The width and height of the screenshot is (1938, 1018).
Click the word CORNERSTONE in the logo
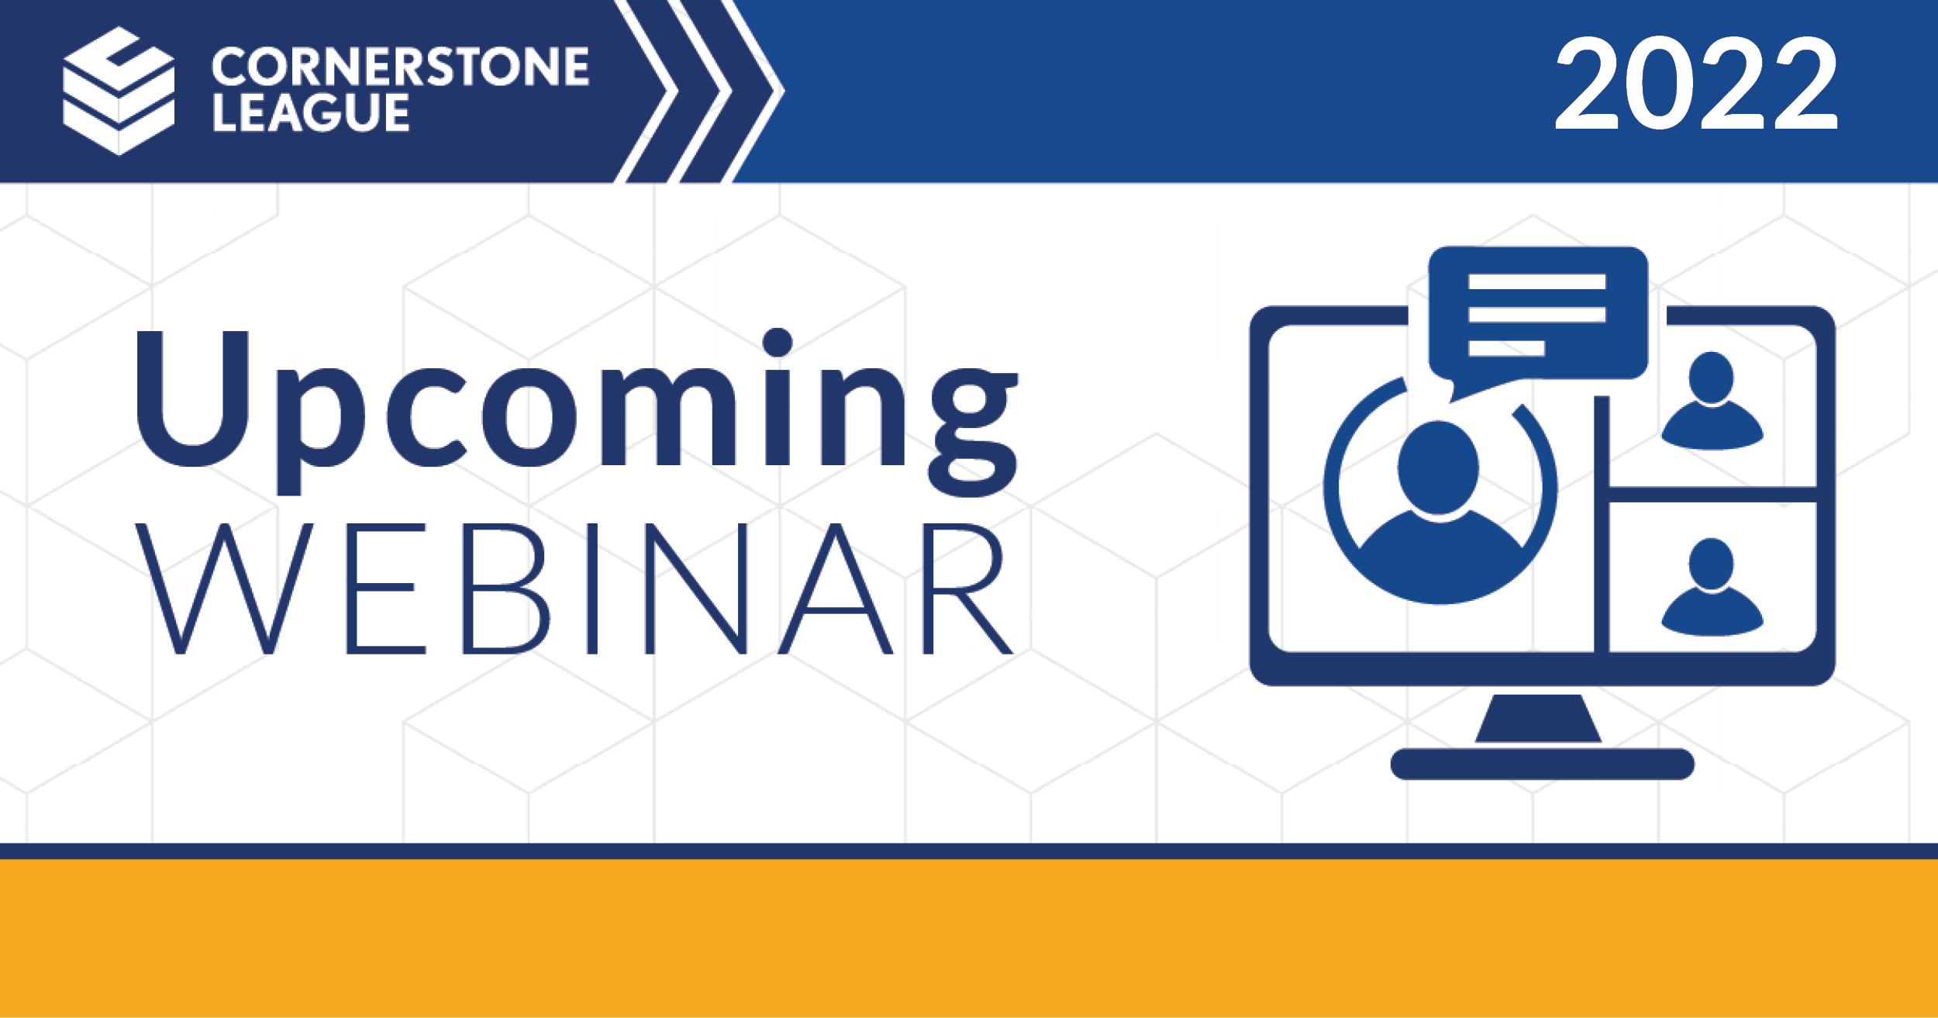click(400, 66)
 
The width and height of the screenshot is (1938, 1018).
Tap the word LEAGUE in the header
click(311, 112)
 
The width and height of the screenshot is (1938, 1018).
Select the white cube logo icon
click(119, 91)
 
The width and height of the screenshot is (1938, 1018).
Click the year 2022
click(1696, 83)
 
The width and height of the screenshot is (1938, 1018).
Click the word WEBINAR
click(574, 588)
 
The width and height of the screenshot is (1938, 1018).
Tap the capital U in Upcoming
click(192, 399)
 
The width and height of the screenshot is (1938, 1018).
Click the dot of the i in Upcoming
click(777, 342)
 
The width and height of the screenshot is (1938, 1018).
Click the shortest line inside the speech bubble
click(1506, 348)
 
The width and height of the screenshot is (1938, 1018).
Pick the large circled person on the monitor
click(1440, 491)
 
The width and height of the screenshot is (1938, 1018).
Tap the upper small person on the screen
click(1712, 401)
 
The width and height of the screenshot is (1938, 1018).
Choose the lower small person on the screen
click(1712, 587)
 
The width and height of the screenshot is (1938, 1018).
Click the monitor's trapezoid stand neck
click(1538, 719)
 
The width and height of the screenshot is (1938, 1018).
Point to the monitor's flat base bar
click(1542, 764)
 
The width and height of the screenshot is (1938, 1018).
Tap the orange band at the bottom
click(969, 938)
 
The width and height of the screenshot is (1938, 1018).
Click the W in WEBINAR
click(224, 588)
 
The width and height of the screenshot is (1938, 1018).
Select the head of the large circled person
click(1439, 468)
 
